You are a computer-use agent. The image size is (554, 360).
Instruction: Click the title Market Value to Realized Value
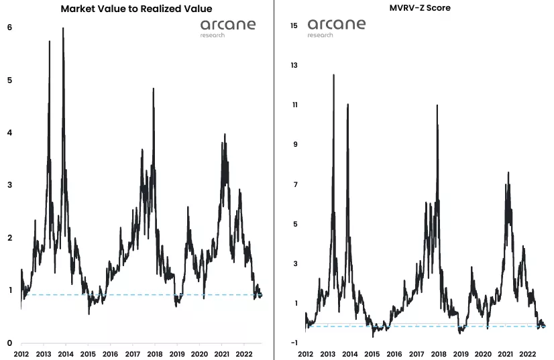[x=136, y=9]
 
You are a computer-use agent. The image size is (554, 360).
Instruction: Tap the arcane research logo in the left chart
[x=227, y=27]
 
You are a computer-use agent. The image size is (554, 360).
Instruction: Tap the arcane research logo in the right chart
[x=337, y=27]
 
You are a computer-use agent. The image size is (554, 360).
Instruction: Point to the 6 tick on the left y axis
[x=9, y=27]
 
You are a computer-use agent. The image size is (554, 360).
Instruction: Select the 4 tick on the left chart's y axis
[x=9, y=133]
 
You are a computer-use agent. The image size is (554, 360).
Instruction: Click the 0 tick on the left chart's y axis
[x=9, y=343]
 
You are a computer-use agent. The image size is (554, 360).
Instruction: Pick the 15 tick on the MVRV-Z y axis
[x=294, y=25]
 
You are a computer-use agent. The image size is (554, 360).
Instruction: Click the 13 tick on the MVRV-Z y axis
[x=294, y=65]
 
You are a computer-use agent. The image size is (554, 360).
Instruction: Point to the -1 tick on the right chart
[x=294, y=343]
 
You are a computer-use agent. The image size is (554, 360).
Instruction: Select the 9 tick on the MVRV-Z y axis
[x=294, y=145]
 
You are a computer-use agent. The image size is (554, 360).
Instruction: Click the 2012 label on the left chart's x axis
[x=21, y=353]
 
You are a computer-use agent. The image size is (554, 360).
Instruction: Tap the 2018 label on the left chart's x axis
[x=155, y=353]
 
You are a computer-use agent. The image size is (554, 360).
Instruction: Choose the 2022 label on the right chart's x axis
[x=528, y=353]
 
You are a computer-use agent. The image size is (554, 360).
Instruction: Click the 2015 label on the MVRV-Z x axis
[x=372, y=353]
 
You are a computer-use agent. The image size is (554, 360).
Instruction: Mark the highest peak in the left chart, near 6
[x=63, y=29]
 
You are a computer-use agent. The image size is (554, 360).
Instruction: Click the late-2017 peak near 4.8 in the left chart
[x=154, y=88]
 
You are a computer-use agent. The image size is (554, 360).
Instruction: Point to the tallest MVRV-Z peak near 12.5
[x=333, y=75]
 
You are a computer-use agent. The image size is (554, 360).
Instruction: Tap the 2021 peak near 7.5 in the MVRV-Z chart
[x=508, y=173]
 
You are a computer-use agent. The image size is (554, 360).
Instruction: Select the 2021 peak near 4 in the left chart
[x=225, y=135]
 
